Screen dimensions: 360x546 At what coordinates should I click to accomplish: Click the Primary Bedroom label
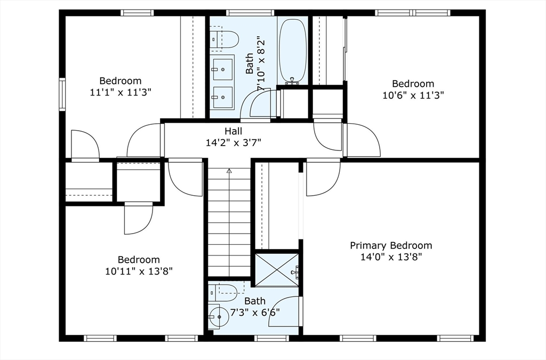[x=391, y=245]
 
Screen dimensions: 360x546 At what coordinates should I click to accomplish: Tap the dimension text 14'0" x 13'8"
[x=391, y=257]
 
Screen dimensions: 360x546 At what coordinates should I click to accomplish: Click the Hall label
[x=233, y=131]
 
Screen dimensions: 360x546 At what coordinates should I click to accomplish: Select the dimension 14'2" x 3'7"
[x=233, y=142]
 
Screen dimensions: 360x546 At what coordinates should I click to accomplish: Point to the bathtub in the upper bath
[x=293, y=51]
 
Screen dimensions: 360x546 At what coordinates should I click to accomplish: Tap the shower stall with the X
[x=277, y=270]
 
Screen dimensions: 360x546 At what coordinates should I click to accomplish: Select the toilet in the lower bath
[x=226, y=290]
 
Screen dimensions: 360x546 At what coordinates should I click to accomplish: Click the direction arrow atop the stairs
[x=229, y=171]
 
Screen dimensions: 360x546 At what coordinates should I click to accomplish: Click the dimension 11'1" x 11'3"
[x=121, y=92]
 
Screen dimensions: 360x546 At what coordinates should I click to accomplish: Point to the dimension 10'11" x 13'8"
[x=139, y=271]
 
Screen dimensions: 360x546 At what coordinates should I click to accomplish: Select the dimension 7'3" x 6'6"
[x=255, y=313]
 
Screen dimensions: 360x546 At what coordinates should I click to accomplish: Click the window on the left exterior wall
[x=62, y=94]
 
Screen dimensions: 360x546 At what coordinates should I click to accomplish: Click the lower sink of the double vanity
[x=222, y=97]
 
